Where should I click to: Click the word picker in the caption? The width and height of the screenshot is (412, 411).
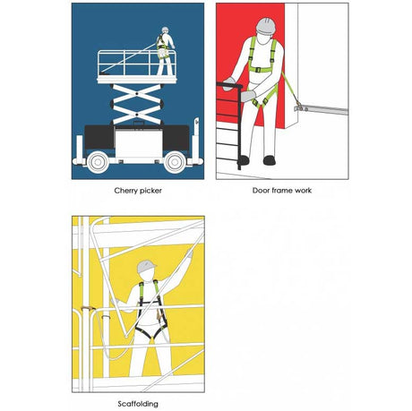click(150, 191)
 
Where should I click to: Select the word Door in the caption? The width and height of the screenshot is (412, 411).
click(261, 191)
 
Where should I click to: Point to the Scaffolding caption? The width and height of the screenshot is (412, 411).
click(138, 404)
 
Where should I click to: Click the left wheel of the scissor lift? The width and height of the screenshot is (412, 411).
click(98, 162)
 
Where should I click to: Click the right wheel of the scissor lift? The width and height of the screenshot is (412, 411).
click(176, 162)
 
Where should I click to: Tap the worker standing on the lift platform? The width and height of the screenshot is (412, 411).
click(165, 51)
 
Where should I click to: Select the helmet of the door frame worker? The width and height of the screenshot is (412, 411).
click(265, 26)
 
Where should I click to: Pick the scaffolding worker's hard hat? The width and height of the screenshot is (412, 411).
click(146, 266)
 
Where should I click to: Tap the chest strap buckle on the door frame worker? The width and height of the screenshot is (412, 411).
click(258, 70)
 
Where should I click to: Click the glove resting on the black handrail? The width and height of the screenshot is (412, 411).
click(229, 83)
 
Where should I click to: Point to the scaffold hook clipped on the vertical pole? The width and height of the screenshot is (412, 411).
click(88, 308)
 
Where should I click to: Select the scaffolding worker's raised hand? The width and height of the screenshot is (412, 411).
click(189, 253)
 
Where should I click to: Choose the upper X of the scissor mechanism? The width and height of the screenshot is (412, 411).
click(137, 94)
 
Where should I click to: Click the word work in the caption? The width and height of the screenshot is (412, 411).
click(303, 191)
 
